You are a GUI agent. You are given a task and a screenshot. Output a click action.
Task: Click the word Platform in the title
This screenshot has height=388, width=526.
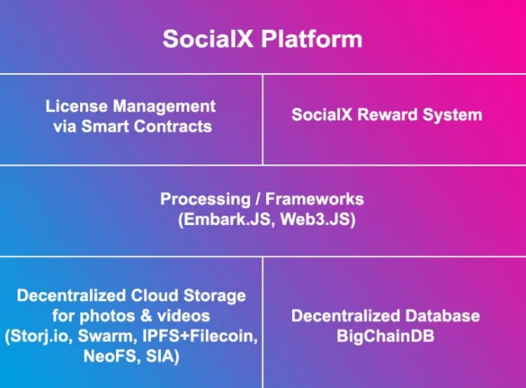tap(312, 39)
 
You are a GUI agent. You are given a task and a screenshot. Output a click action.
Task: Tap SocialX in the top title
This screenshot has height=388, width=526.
tap(207, 39)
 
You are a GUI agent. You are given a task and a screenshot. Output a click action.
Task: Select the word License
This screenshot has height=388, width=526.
tap(76, 106)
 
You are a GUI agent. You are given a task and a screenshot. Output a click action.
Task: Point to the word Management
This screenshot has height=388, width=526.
tap(165, 107)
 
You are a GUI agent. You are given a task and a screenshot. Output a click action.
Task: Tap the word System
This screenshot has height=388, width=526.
tap(452, 115)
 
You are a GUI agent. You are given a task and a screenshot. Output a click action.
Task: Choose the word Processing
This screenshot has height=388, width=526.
tap(205, 199)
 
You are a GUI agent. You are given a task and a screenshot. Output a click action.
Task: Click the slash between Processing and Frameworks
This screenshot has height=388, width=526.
tap(258, 199)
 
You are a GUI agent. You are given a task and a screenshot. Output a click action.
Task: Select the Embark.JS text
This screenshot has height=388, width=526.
tap(224, 220)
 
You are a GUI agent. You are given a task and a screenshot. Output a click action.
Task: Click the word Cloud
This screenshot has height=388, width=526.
tap(154, 296)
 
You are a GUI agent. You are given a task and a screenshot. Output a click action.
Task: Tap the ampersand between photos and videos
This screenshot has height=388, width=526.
tap(146, 316)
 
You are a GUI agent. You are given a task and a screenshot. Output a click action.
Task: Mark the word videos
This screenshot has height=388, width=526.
tap(184, 316)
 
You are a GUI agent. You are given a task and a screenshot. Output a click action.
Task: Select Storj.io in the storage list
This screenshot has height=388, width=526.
tap(39, 336)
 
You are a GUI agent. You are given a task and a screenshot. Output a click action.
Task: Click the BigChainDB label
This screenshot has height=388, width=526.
tap(386, 336)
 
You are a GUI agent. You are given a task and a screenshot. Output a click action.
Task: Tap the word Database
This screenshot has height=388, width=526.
tap(442, 316)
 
